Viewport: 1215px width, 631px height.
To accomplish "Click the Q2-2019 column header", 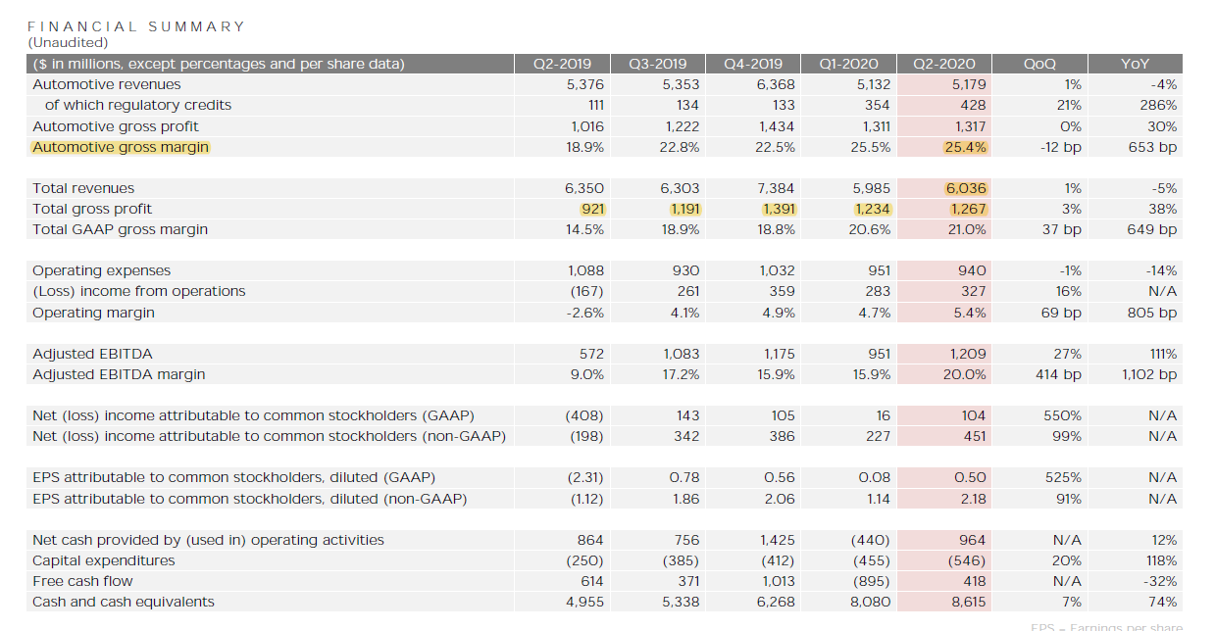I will pos(562,64).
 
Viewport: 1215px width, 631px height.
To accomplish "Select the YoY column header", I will pos(1135,64).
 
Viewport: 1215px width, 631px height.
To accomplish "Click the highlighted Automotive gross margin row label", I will pos(121,147).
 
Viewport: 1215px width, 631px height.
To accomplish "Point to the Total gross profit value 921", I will pos(592,209).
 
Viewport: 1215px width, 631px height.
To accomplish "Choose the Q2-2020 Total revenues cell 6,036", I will pos(966,188).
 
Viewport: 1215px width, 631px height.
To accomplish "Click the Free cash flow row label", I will pos(82,581).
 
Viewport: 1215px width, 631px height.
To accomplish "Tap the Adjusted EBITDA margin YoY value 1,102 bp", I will pos(1149,374).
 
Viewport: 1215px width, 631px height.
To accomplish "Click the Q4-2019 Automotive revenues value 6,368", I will pos(776,84).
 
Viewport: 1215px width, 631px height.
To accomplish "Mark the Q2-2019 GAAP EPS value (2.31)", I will pos(585,477).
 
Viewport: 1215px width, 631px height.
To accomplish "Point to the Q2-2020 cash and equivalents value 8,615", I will pos(966,602).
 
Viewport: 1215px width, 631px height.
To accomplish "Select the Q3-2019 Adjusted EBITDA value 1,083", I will pos(680,354).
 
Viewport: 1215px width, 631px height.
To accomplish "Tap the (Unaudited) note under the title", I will pos(68,42).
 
